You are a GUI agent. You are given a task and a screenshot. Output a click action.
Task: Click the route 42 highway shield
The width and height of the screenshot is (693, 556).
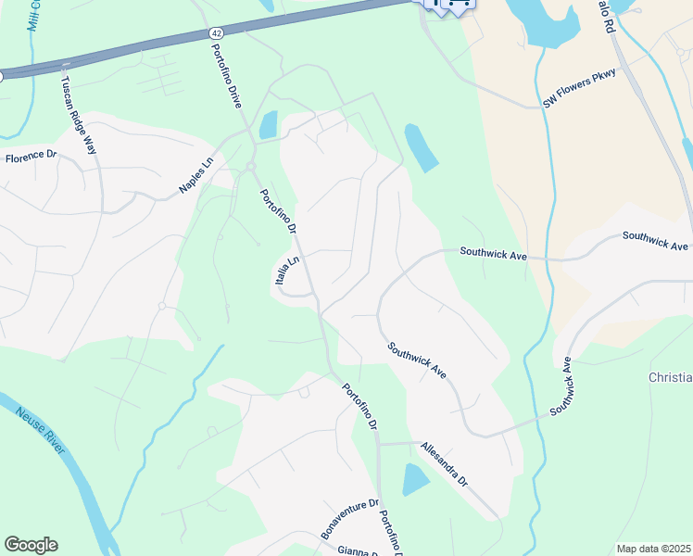pyautogui.click(x=214, y=32)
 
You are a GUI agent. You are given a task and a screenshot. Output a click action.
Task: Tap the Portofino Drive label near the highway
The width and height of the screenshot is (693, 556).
pyautogui.click(x=226, y=77)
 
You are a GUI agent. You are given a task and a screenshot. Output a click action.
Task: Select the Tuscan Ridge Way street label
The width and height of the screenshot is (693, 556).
pyautogui.click(x=79, y=116)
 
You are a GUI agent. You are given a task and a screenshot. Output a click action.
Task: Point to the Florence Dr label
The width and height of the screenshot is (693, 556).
pyautogui.click(x=31, y=158)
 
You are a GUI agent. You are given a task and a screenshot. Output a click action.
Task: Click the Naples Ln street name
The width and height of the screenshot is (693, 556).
pyautogui.click(x=195, y=177)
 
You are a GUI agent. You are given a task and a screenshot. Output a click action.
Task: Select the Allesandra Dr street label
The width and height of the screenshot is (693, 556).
pyautogui.click(x=444, y=464)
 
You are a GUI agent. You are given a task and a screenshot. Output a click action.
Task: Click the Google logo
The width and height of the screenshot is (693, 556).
pyautogui.click(x=31, y=545)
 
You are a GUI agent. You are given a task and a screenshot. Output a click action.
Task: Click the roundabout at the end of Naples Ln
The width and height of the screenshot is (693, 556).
pyautogui.click(x=250, y=167)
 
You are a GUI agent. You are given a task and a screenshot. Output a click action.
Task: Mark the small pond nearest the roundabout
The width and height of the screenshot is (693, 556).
pyautogui.click(x=268, y=125)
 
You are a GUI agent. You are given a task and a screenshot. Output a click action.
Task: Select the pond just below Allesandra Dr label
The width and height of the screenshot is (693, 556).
pyautogui.click(x=416, y=480)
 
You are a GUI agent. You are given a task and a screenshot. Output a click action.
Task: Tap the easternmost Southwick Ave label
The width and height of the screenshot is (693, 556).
pyautogui.click(x=655, y=241)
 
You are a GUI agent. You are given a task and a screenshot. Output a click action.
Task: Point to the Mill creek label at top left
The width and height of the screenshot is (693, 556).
pyautogui.click(x=34, y=14)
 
